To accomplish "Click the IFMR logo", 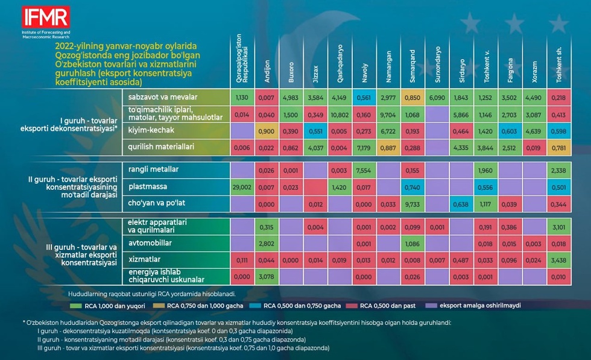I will coord(45,17).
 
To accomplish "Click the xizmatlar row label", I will coord(142,260).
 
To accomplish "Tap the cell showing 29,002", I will coord(241,188).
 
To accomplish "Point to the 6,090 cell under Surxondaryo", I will coord(437,98).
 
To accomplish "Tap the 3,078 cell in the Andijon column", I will coord(266,277).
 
